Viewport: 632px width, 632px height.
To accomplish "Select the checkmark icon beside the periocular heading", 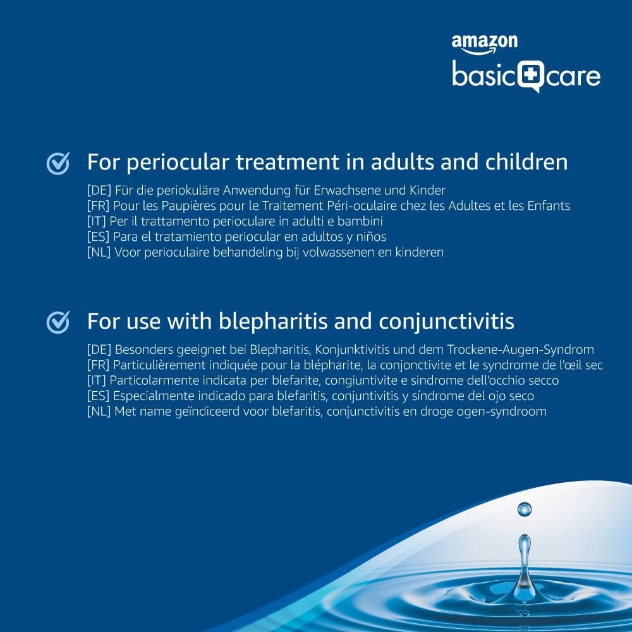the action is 58,163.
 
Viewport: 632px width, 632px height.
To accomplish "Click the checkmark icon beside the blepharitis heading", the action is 58,322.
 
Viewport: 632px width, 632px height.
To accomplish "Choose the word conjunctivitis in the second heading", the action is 447,322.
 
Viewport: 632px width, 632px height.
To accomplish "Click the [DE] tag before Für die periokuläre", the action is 99,190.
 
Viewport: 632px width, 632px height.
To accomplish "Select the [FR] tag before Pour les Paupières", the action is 98,205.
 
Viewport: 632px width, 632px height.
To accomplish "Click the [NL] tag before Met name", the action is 99,411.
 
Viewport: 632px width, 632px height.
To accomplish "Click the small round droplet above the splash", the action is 525,509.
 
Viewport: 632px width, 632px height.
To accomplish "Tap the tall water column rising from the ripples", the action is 524,564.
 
